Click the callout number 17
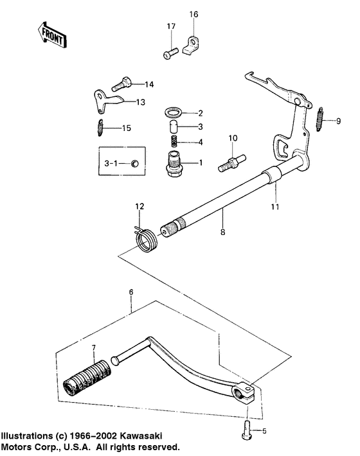pyautogui.click(x=171, y=26)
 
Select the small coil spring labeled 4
pyautogui.click(x=173, y=141)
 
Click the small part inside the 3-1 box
pyautogui.click(x=134, y=163)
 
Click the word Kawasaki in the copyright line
pyautogui.click(x=153, y=434)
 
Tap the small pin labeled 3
pyautogui.click(x=173, y=127)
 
